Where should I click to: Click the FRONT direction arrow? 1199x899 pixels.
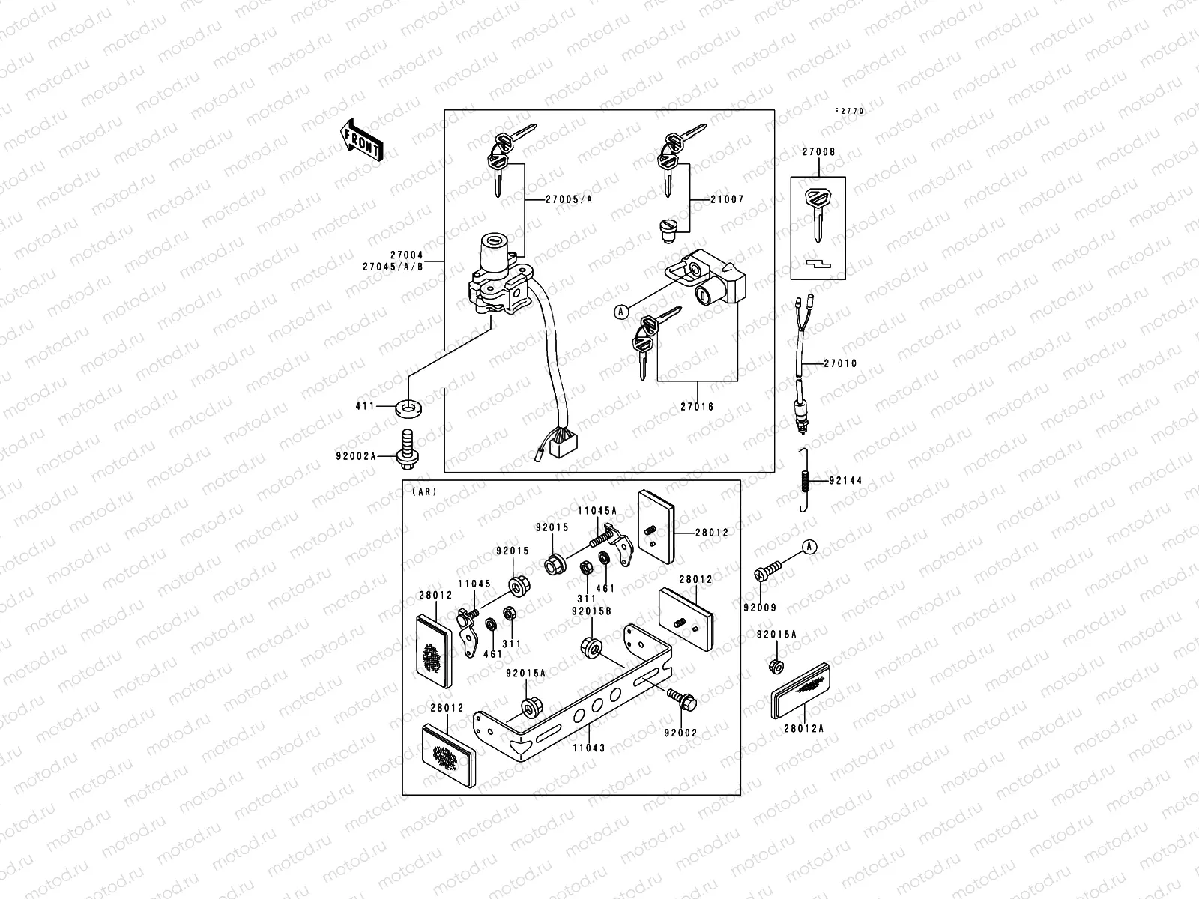tap(362, 140)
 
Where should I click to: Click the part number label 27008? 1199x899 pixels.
tap(818, 152)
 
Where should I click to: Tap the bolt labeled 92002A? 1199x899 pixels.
tap(408, 449)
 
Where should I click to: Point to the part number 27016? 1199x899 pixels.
tap(697, 407)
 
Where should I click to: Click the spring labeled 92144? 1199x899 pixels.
tap(804, 480)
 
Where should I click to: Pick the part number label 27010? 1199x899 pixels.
tap(840, 363)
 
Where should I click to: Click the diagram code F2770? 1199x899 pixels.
tap(850, 111)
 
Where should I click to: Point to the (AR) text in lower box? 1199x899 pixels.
tap(424, 492)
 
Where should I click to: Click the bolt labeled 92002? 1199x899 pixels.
tap(683, 700)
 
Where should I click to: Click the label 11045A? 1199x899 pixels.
tap(597, 510)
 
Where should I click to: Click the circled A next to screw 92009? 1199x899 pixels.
tap(809, 547)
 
